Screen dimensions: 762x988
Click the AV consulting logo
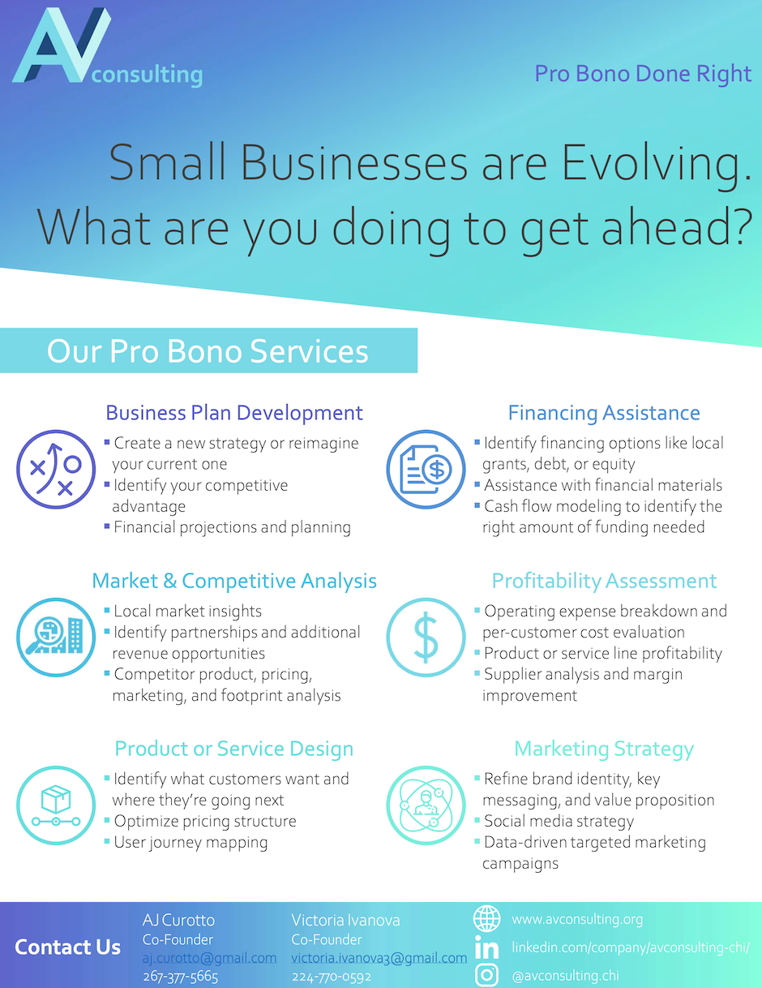click(x=107, y=47)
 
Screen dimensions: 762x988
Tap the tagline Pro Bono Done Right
click(x=643, y=74)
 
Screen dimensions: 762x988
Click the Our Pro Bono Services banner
click(x=208, y=350)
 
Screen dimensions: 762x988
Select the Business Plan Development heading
click(x=234, y=413)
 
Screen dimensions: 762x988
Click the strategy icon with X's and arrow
click(x=56, y=469)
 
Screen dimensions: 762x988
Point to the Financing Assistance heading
click(x=604, y=413)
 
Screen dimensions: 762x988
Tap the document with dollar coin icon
click(x=426, y=469)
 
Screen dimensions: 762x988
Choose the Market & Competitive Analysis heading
click(x=234, y=581)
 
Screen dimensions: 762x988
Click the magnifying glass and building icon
click(x=56, y=638)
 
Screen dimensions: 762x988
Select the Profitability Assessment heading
click(x=604, y=581)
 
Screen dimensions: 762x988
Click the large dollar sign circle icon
click(x=426, y=638)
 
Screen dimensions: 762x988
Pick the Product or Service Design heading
click(x=234, y=749)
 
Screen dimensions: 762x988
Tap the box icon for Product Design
click(x=56, y=805)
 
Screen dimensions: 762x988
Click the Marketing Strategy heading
click(x=604, y=749)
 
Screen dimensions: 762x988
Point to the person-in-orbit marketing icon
click(x=426, y=805)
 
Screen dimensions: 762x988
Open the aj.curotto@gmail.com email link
click(x=209, y=957)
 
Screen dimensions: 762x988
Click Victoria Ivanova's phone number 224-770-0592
click(x=332, y=976)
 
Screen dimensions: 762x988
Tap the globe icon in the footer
click(x=486, y=918)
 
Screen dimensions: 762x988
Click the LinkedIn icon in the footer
click(x=486, y=947)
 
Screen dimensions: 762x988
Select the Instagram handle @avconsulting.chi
click(x=565, y=975)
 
